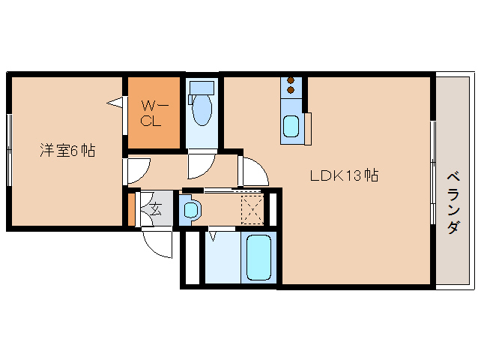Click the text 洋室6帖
click(67, 150)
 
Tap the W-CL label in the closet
click(152, 113)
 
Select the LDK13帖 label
click(344, 176)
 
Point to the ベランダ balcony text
click(453, 202)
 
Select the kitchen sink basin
click(291, 127)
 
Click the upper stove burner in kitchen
click(291, 80)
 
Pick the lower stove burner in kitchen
click(291, 91)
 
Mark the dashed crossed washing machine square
click(252, 209)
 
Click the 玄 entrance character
click(156, 210)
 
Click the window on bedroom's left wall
click(9, 149)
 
